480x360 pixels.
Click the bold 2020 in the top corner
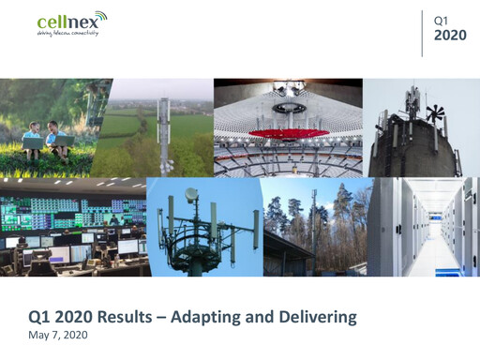[x=452, y=35]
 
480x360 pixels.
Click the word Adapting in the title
[x=231, y=317]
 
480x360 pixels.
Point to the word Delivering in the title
[x=316, y=317]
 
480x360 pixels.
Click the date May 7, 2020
[x=55, y=334]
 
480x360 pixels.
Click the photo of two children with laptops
[x=46, y=127]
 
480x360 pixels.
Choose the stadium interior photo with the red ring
[x=288, y=127]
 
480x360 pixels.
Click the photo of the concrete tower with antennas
[x=421, y=127]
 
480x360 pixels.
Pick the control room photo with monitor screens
[x=73, y=228]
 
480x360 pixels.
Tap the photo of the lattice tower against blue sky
[x=204, y=228]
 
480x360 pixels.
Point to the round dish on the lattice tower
[x=191, y=196]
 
